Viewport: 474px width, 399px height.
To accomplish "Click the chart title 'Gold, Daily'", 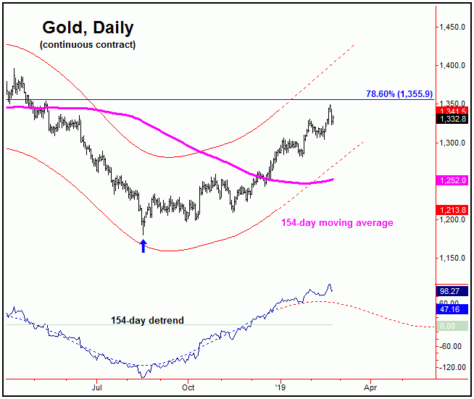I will [x=87, y=29].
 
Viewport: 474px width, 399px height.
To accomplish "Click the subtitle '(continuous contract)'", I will [x=88, y=45].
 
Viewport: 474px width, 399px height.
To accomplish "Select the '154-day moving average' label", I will [x=337, y=223].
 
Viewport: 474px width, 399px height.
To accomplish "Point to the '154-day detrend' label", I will [x=147, y=319].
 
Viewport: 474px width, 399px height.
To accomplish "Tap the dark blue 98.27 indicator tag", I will [x=453, y=291].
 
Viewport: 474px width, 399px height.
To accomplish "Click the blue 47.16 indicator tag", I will [x=453, y=308].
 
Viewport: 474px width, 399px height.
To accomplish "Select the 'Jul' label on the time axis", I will [x=96, y=387].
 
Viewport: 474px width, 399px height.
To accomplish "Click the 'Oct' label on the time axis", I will [x=188, y=387].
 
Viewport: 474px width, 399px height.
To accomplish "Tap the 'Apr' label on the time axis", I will [x=370, y=387].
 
